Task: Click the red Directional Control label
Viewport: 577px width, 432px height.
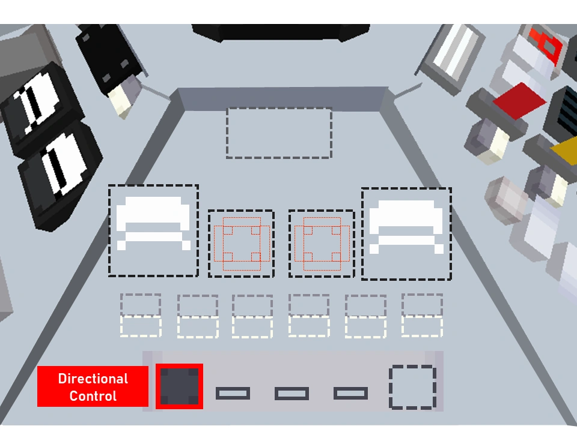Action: (x=93, y=386)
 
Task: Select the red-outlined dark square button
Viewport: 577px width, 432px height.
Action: (x=179, y=386)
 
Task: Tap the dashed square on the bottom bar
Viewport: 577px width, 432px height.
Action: (x=412, y=387)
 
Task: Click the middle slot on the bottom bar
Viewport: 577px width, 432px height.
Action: (x=292, y=394)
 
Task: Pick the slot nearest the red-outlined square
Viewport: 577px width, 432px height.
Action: (x=233, y=394)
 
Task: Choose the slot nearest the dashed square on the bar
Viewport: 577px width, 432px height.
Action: (x=350, y=394)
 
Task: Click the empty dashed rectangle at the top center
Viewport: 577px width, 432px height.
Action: (x=279, y=133)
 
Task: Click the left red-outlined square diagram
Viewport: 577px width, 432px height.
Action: (x=241, y=244)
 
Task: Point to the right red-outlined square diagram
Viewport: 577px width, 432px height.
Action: (x=322, y=244)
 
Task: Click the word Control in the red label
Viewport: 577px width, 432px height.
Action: (x=93, y=396)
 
